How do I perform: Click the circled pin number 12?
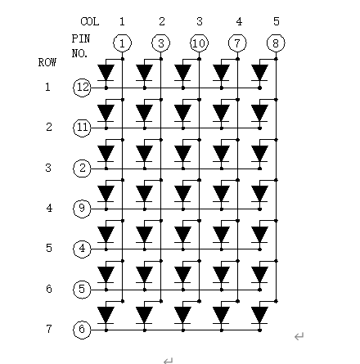click(x=82, y=88)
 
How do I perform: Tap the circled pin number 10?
click(x=199, y=43)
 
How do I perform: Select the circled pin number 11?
click(x=82, y=128)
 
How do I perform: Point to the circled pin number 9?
click(x=82, y=209)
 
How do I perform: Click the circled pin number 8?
click(x=276, y=43)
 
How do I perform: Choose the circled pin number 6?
click(x=82, y=330)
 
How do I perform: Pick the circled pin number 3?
click(x=161, y=43)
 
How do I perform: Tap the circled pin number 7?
click(x=237, y=43)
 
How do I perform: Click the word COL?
click(x=90, y=21)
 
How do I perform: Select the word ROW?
click(x=47, y=62)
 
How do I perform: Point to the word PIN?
click(x=81, y=38)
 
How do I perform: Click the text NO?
click(x=79, y=53)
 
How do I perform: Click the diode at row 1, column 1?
click(x=106, y=73)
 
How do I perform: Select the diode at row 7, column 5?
click(x=259, y=315)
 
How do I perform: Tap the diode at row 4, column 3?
click(x=182, y=194)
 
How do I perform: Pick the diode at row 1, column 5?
click(x=259, y=73)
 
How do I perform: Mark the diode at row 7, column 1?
click(x=106, y=315)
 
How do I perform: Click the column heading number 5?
click(x=277, y=21)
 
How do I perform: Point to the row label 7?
click(x=49, y=329)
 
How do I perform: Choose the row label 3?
click(x=48, y=168)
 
